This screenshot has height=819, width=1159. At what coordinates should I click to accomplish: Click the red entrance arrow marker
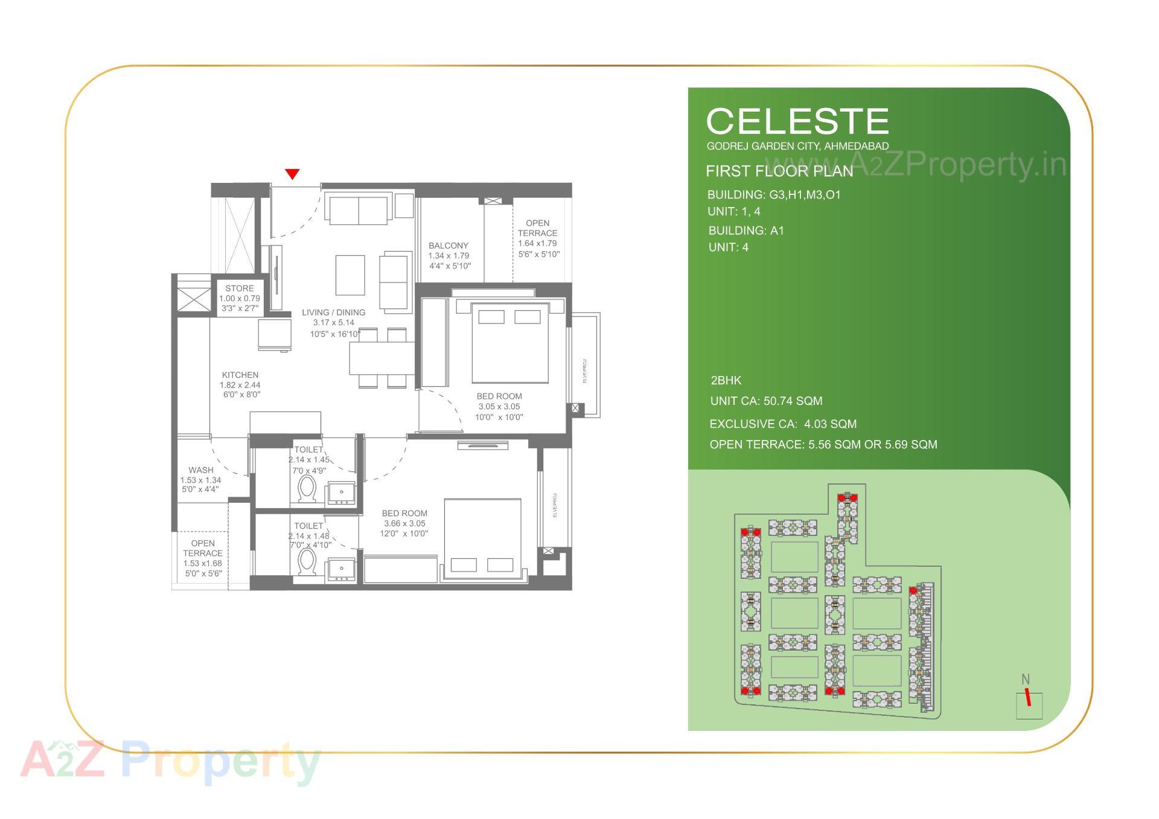(x=292, y=174)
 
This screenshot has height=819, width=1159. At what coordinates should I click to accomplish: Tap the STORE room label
(x=240, y=288)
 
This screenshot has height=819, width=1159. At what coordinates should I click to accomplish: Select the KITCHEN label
(x=240, y=375)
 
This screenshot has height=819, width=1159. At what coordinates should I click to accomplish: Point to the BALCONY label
(x=449, y=246)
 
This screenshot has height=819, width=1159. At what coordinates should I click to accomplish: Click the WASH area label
(x=201, y=470)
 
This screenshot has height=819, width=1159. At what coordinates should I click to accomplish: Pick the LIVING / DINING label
(x=334, y=313)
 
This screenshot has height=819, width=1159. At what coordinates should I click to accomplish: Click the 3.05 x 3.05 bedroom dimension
(x=499, y=407)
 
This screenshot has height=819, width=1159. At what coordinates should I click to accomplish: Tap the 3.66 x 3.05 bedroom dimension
(x=404, y=523)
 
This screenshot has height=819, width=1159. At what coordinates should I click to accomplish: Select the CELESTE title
(x=797, y=121)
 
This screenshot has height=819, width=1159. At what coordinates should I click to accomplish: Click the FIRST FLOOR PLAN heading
(x=779, y=171)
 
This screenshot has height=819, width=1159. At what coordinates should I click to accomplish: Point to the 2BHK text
(x=726, y=381)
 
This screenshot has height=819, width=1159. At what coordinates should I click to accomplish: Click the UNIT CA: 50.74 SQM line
(x=766, y=401)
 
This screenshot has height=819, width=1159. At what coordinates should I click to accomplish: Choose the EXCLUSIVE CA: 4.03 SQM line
(x=783, y=424)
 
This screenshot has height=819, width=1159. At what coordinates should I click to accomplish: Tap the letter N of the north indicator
(x=1025, y=680)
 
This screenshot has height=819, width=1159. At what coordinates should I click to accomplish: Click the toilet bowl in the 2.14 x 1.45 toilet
(x=307, y=489)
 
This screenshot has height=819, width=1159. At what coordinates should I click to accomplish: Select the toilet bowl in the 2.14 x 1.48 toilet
(x=307, y=562)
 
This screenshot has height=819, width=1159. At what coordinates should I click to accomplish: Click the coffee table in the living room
(x=350, y=275)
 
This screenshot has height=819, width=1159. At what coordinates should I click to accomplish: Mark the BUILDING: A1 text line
(x=746, y=231)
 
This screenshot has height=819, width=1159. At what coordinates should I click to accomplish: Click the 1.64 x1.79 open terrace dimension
(x=537, y=244)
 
